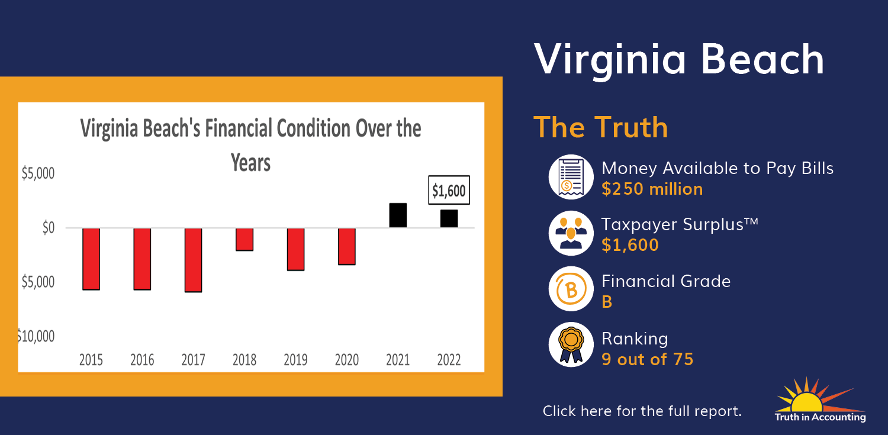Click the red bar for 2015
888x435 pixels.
91,259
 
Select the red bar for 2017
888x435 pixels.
194,260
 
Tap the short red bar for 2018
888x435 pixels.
244,240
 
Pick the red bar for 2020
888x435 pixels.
347,246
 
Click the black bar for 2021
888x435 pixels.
398,215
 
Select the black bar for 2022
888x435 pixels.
449,219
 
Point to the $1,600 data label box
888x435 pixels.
449,190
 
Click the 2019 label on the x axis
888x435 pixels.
296,360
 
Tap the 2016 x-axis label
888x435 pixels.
142,360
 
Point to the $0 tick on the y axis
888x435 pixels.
49,228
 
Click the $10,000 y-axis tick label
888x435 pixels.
36,336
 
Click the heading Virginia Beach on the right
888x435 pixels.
679,60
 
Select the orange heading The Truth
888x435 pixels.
601,127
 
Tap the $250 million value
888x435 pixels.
652,189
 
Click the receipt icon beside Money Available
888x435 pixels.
571,177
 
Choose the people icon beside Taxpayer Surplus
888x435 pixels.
571,233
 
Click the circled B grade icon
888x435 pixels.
571,289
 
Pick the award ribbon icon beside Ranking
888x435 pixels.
571,344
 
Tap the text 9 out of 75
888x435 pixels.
648,359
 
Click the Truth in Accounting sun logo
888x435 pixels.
820,399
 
